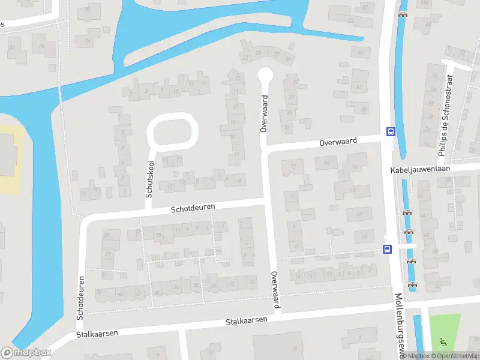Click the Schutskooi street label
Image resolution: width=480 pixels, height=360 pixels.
pyautogui.click(x=150, y=179)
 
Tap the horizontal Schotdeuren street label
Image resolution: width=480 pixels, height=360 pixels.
pyautogui.click(x=193, y=208)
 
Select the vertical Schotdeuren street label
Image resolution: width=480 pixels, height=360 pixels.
pyautogui.click(x=80, y=298)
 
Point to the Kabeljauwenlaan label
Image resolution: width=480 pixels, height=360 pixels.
pyautogui.click(x=419, y=170)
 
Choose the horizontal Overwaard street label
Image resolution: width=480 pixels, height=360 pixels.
pyautogui.click(x=338, y=142)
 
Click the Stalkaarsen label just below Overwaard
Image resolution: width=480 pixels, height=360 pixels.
pyautogui.click(x=246, y=321)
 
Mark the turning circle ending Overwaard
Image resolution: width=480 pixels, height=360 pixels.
pyautogui.click(x=265, y=75)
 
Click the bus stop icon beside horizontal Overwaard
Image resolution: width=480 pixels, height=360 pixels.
pyautogui.click(x=391, y=132)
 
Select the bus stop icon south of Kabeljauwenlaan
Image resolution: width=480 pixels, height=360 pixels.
pyautogui.click(x=387, y=249)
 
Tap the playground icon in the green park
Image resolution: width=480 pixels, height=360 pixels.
pyautogui.click(x=443, y=342)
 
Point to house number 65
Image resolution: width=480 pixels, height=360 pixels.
pyautogui.click(x=361, y=53)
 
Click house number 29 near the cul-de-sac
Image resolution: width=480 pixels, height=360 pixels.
pyautogui.click(x=259, y=53)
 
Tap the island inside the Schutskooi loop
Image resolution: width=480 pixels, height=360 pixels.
pyautogui.click(x=172, y=131)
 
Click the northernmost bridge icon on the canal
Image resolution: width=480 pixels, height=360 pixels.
pyautogui.click(x=403, y=15)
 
